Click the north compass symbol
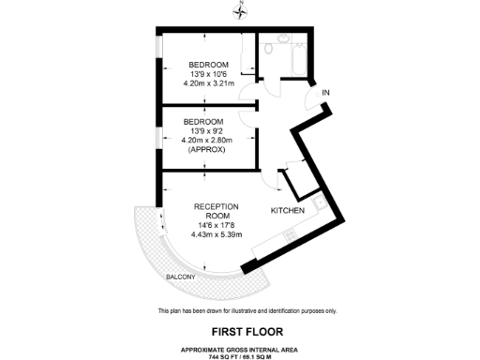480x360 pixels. pyautogui.click(x=240, y=12)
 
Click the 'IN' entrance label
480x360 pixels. pyautogui.click(x=326, y=93)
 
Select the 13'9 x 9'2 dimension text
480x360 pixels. pyautogui.click(x=203, y=131)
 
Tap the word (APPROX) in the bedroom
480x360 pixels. pyautogui.click(x=203, y=150)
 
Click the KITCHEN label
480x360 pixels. pyautogui.click(x=288, y=211)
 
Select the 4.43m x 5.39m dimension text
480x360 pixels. pyautogui.click(x=217, y=233)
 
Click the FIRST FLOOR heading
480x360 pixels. pyautogui.click(x=240, y=331)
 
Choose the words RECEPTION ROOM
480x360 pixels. pyautogui.click(x=217, y=210)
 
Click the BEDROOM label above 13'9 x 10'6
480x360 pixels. pyautogui.click(x=203, y=66)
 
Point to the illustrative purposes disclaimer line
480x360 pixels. pyautogui.click(x=240, y=311)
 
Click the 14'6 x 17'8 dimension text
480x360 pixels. pyautogui.click(x=217, y=224)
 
